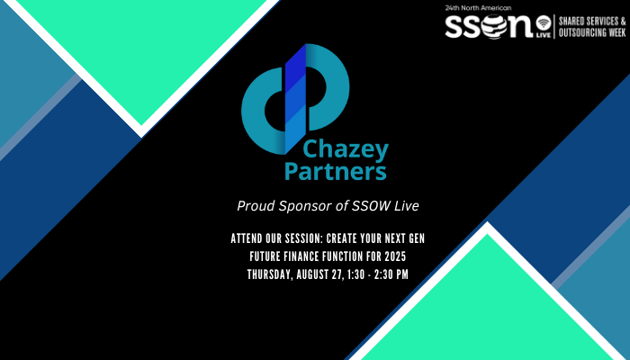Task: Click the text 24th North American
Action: [x=472, y=7]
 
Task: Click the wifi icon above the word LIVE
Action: [x=543, y=20]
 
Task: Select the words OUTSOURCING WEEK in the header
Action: [x=593, y=32]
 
